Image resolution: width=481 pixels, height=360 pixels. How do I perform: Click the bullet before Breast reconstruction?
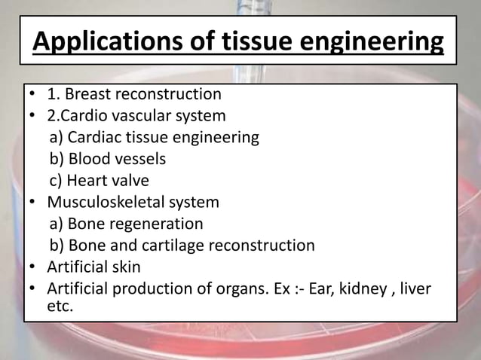point(34,96)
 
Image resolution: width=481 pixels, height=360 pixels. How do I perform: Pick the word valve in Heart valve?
point(130,181)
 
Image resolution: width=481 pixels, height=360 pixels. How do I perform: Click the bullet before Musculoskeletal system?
point(34,203)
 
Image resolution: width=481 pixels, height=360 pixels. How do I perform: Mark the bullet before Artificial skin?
point(34,267)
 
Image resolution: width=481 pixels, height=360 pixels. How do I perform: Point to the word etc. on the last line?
point(60,307)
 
